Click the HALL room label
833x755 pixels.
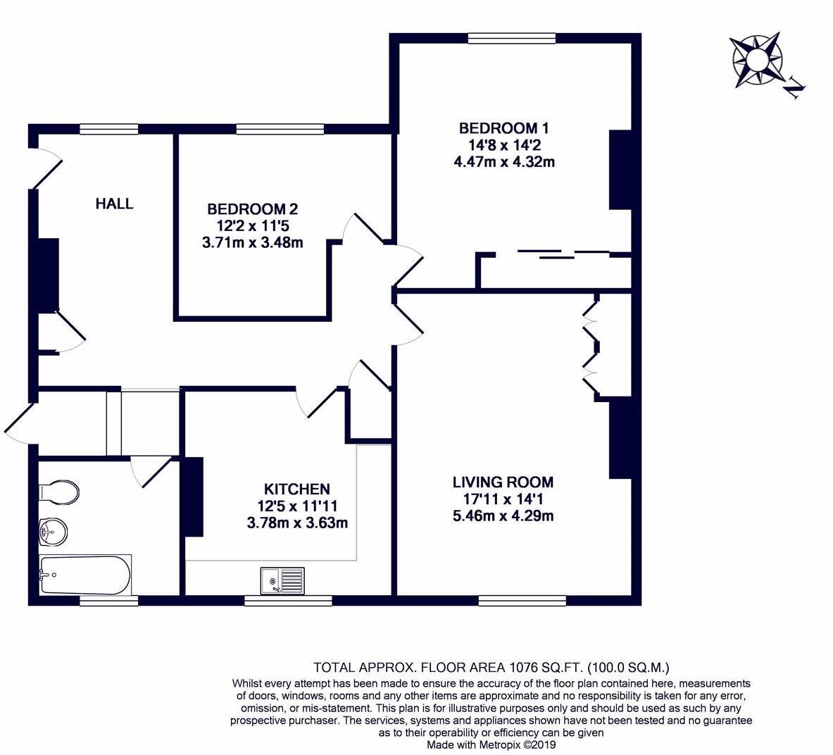pos(114,204)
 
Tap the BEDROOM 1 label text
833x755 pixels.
pos(503,128)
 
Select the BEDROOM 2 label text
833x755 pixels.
pos(252,209)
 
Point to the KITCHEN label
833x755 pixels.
pos(296,489)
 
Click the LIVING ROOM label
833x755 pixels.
pos(503,482)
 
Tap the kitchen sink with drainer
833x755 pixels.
pos(282,581)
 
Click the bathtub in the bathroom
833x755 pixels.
pos(84,575)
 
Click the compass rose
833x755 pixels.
pos(756,59)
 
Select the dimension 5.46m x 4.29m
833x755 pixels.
pos(503,516)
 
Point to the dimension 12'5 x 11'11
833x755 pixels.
pos(297,506)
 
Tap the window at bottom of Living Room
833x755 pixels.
pos(522,600)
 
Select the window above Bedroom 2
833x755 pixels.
pos(280,129)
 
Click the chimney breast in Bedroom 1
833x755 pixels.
pos(620,169)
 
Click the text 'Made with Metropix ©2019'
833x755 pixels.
pos(491,744)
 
